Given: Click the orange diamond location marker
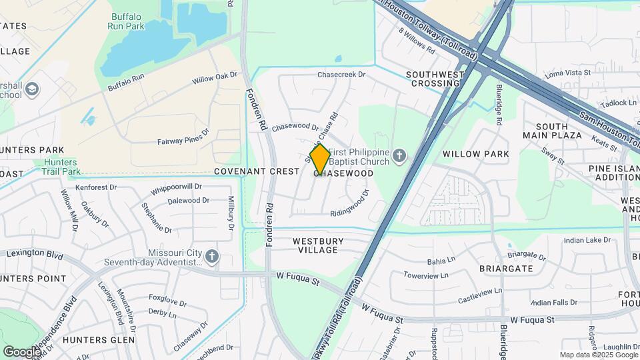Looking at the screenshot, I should tap(320, 159).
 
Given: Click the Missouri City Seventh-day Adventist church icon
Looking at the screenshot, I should tap(211, 256).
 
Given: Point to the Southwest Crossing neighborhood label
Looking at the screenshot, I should tap(435, 79).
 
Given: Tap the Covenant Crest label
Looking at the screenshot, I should tap(257, 171).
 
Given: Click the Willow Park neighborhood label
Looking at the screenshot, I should tap(475, 154).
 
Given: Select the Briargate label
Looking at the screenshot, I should tap(506, 269).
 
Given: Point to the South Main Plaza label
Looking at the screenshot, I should tap(551, 131).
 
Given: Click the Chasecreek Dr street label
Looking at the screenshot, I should tap(341, 75).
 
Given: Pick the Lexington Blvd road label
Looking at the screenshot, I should tap(35, 255).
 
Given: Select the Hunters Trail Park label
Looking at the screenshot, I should tap(60, 167).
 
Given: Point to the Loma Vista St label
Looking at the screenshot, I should tap(568, 72).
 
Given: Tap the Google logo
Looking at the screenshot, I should tap(22, 351).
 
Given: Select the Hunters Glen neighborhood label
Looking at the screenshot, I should tap(99, 339).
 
